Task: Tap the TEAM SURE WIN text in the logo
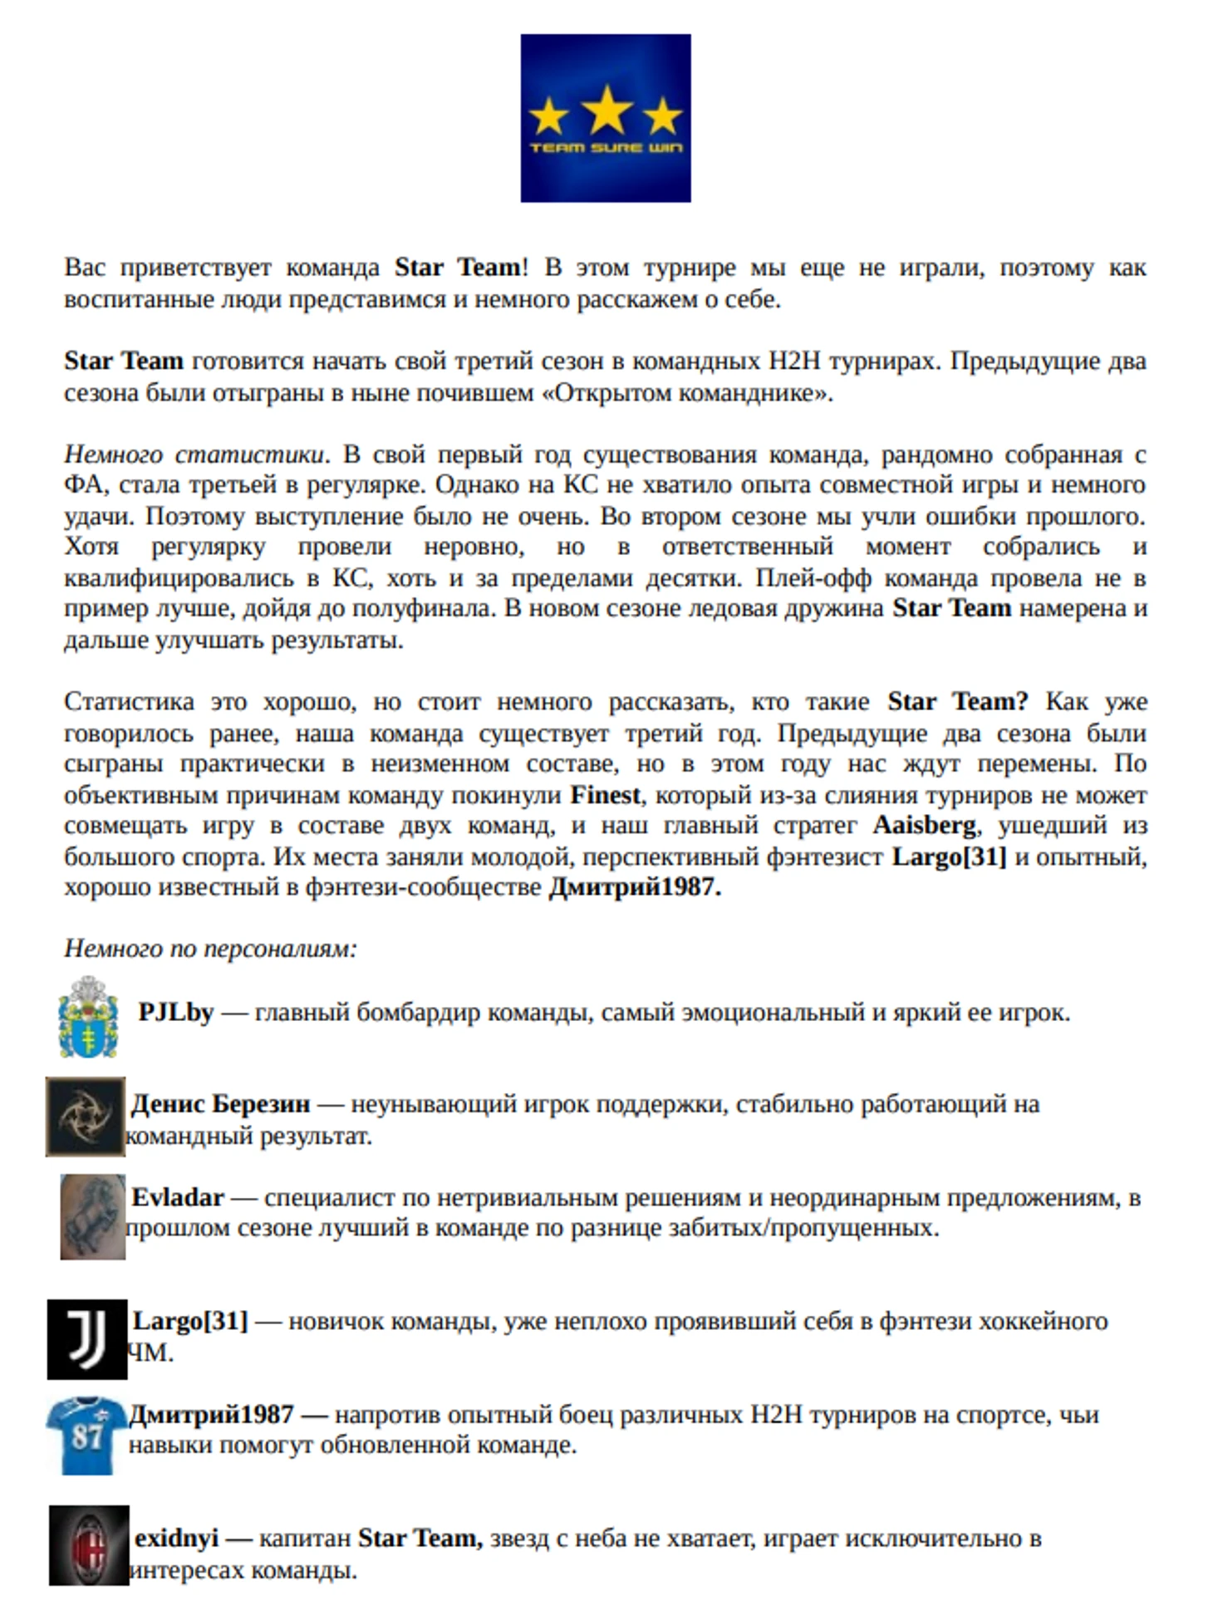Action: click(x=606, y=148)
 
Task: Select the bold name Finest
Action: click(x=605, y=795)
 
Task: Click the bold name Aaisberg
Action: click(x=925, y=825)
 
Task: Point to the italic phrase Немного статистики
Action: click(x=194, y=454)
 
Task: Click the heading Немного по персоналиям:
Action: click(x=210, y=948)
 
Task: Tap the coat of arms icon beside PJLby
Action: click(x=89, y=1017)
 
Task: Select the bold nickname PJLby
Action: click(x=176, y=1012)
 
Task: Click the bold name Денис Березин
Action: click(x=221, y=1104)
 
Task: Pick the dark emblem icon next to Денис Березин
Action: click(x=86, y=1117)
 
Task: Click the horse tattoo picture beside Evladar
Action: click(x=93, y=1216)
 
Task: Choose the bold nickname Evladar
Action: click(x=178, y=1197)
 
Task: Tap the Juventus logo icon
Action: click(x=86, y=1338)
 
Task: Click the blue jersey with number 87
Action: click(x=86, y=1435)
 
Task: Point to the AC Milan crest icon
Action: click(x=89, y=1544)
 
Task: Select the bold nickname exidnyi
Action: click(x=176, y=1538)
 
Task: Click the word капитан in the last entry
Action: click(x=305, y=1538)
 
